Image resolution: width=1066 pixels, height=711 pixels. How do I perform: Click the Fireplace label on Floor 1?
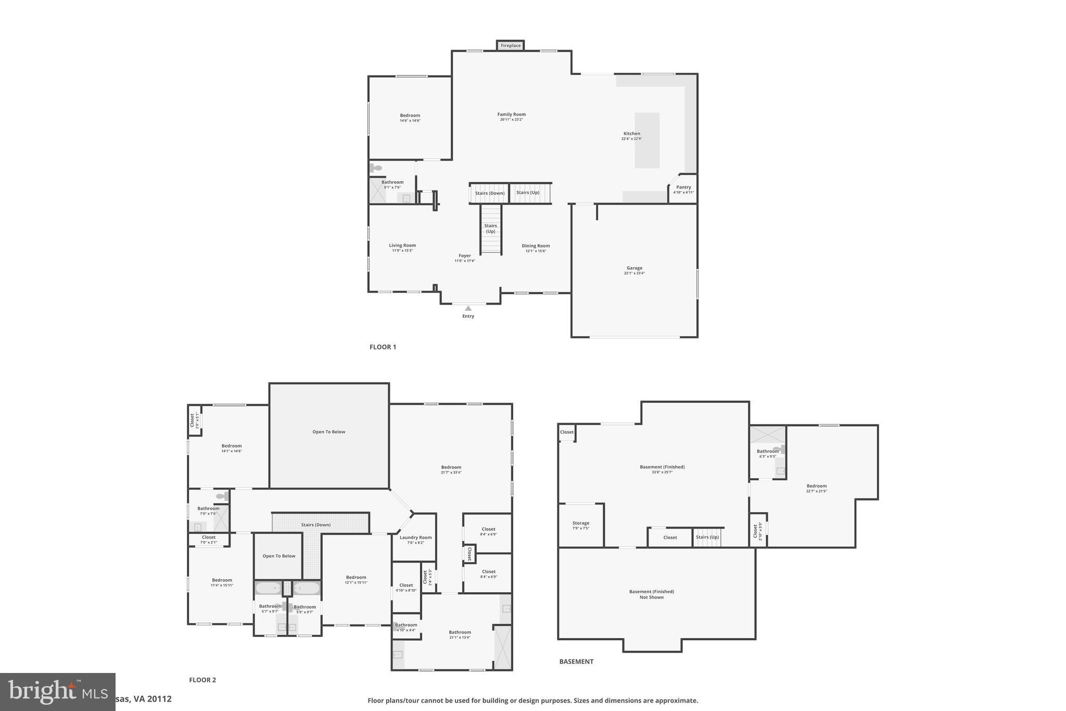510,46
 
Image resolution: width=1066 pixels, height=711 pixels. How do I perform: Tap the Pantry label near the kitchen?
683,188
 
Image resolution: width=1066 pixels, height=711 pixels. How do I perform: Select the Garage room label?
634,268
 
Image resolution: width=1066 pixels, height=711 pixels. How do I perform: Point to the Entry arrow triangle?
468,308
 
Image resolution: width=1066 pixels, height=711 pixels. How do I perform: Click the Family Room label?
511,115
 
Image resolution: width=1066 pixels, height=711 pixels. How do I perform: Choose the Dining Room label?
536,246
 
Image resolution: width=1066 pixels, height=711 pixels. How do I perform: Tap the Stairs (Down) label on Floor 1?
489,193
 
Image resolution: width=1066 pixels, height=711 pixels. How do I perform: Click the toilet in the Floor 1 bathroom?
376,168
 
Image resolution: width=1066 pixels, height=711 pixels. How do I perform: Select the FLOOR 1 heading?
383,347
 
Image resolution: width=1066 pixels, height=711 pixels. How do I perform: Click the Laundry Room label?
415,538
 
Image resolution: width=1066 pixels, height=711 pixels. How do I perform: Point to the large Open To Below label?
328,432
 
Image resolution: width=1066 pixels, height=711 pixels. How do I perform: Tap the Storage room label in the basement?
580,523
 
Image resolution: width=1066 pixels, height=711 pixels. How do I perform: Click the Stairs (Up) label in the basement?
707,537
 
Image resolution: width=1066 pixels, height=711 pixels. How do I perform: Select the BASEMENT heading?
576,662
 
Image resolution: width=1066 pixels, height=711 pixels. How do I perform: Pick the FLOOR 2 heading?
202,680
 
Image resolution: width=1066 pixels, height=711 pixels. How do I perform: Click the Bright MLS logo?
57,691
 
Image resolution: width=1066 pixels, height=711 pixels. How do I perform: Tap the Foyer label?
464,256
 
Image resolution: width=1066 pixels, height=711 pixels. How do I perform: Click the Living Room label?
402,245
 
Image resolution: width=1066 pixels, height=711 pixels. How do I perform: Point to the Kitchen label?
631,134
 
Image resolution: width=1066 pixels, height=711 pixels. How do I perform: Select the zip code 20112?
159,699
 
